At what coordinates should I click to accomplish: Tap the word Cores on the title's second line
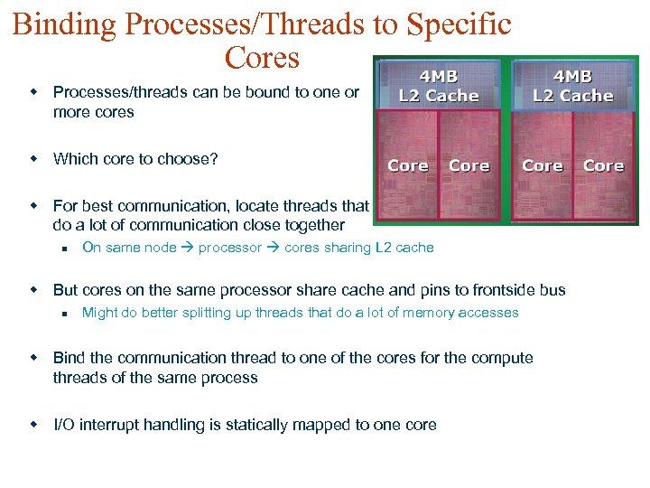click(x=262, y=57)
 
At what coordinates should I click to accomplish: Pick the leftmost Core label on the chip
click(x=408, y=165)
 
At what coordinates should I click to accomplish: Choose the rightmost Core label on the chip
click(x=603, y=165)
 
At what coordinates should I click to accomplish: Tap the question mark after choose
click(x=214, y=159)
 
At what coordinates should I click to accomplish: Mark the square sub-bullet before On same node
click(x=64, y=248)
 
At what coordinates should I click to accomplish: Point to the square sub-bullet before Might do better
click(x=64, y=313)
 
